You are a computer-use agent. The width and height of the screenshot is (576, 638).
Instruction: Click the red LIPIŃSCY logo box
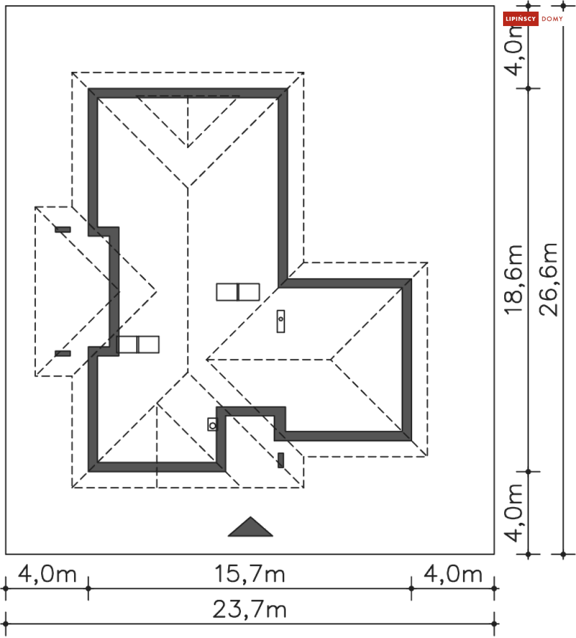tap(520, 19)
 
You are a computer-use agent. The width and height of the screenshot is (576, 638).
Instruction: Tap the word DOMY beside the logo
tap(552, 19)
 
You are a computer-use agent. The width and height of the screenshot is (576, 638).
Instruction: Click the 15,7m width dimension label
tap(250, 574)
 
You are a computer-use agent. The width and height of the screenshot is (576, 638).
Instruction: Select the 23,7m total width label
tap(250, 610)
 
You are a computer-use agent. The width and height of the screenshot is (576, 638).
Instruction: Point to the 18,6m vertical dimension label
tap(513, 280)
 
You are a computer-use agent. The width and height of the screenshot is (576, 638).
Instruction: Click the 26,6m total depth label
tap(548, 280)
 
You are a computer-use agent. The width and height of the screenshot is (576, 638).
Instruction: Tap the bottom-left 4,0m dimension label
tap(47, 574)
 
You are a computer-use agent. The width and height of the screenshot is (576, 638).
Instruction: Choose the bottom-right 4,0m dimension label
tap(453, 574)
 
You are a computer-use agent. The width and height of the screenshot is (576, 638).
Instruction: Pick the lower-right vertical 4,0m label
tap(513, 513)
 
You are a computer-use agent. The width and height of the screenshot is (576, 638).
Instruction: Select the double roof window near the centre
tap(238, 292)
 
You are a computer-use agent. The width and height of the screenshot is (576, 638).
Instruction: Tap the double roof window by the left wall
tap(138, 344)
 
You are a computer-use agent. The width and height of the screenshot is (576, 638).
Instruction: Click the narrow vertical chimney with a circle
tap(281, 321)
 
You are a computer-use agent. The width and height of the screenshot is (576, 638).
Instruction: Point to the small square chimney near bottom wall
tap(212, 424)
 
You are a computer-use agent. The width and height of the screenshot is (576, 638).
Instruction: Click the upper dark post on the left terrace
tap(63, 229)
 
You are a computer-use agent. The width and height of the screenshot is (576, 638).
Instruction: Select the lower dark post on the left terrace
tap(63, 353)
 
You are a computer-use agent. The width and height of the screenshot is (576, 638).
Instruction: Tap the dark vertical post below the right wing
tap(281, 460)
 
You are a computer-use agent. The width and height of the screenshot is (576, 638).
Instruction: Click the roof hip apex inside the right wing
tap(332, 360)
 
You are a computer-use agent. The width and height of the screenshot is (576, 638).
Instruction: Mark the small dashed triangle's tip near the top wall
tap(188, 147)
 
